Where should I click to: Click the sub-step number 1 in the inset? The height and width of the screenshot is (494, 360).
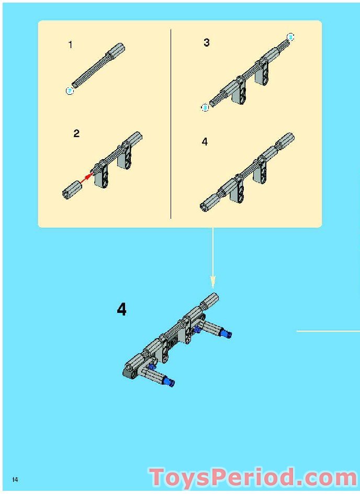pos(70,45)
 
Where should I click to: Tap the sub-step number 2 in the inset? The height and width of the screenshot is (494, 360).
pos(76,133)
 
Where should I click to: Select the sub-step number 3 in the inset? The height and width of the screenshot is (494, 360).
pos(207,42)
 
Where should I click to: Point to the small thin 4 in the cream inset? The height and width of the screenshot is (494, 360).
pos(205,142)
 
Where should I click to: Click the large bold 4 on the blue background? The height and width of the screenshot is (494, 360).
pos(121,310)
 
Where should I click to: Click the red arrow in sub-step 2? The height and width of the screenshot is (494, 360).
pos(86,178)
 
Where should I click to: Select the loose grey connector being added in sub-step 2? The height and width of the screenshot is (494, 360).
pos(72,189)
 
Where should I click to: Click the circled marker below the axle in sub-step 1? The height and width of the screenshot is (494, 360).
pos(70,91)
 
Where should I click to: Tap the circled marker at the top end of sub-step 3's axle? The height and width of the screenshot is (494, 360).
pos(291,37)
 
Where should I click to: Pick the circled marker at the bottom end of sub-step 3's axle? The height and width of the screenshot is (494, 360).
pos(205,108)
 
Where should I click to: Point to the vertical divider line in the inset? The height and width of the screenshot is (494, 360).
pos(171,124)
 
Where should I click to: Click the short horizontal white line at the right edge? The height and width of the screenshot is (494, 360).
pos(328,331)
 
